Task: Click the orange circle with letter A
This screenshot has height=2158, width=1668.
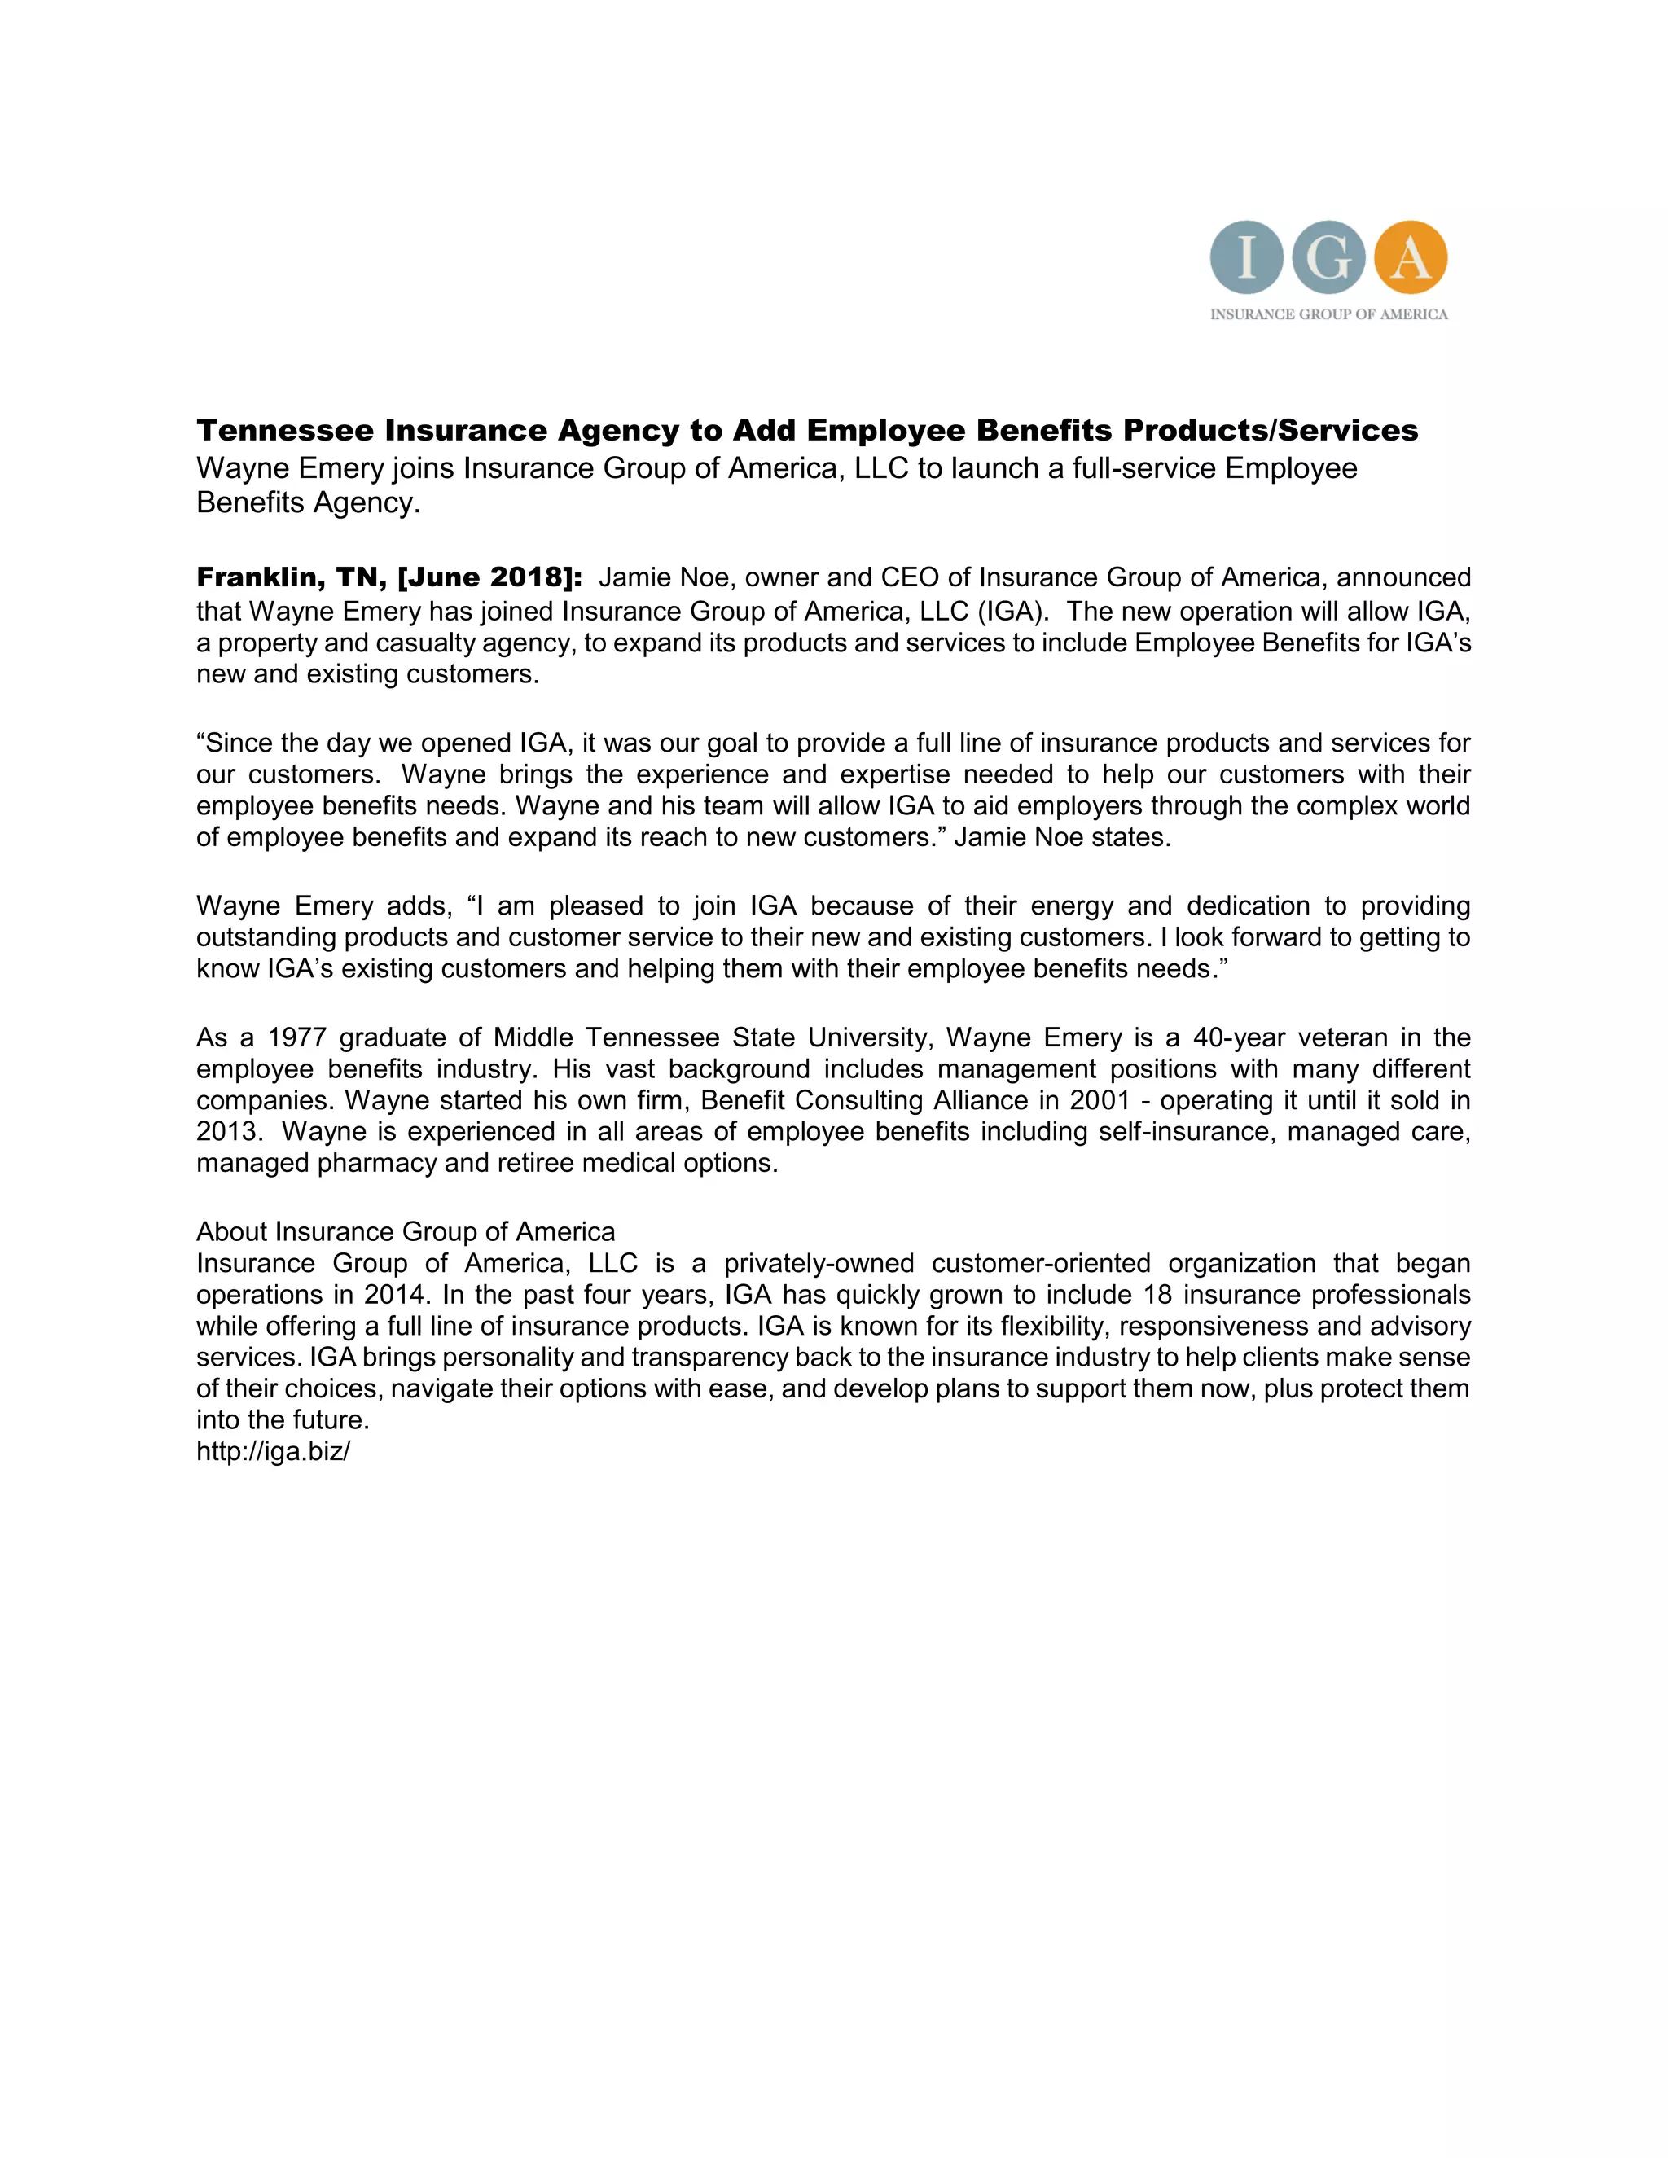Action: point(1410,258)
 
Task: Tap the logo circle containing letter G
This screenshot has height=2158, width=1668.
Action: point(1328,258)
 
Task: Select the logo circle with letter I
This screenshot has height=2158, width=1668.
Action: point(1246,258)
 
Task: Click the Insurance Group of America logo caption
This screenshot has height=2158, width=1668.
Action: point(1329,314)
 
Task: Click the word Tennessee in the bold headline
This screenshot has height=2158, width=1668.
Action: point(284,431)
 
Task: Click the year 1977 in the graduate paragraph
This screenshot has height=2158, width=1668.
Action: point(296,1037)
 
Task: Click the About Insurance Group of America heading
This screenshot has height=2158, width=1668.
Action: point(405,1231)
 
